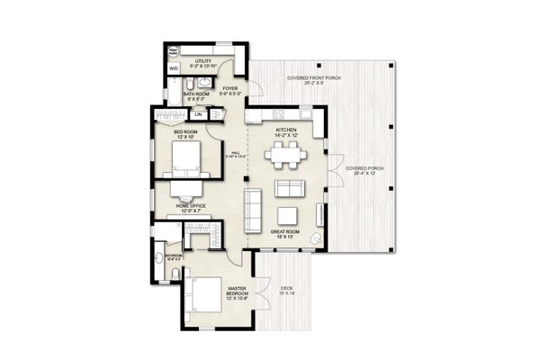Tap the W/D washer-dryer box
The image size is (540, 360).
coord(174,67)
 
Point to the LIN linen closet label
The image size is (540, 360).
coord(197,114)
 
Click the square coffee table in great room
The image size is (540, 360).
coord(287,215)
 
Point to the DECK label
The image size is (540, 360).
coord(285,290)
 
